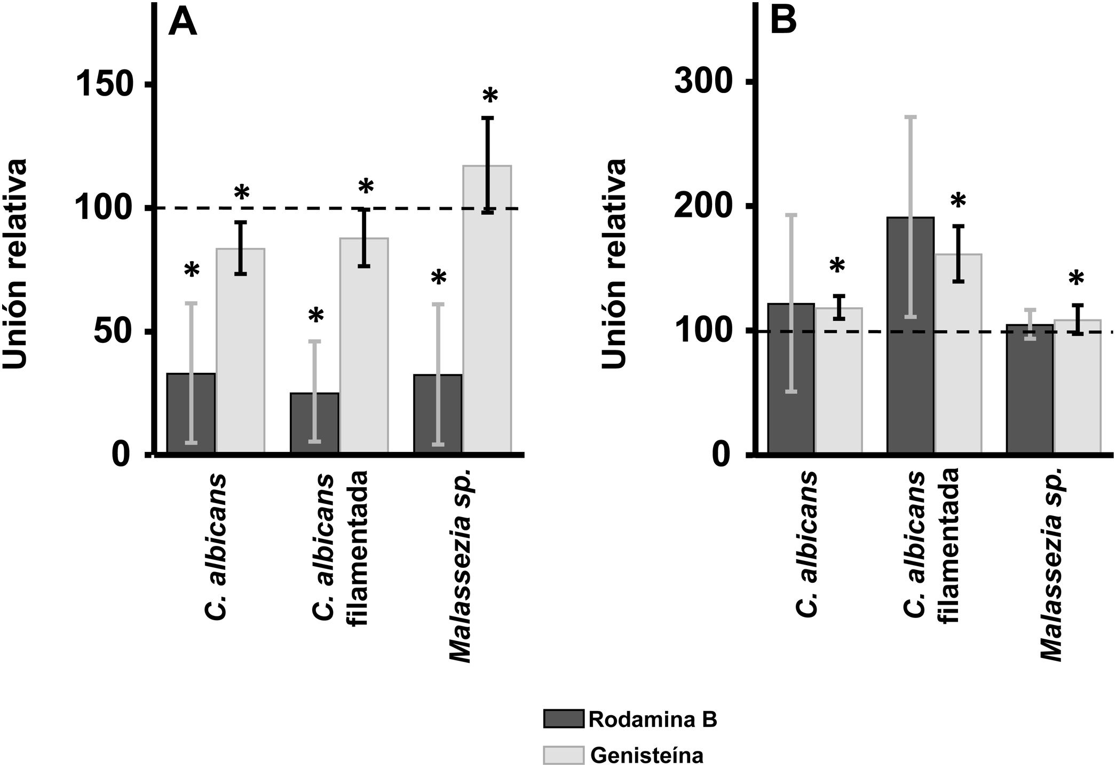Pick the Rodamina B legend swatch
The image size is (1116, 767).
pos(564,719)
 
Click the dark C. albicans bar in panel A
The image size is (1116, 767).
pos(191,413)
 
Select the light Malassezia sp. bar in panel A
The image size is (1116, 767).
pos(487,310)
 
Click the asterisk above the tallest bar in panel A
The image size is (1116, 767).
pos(490,97)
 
